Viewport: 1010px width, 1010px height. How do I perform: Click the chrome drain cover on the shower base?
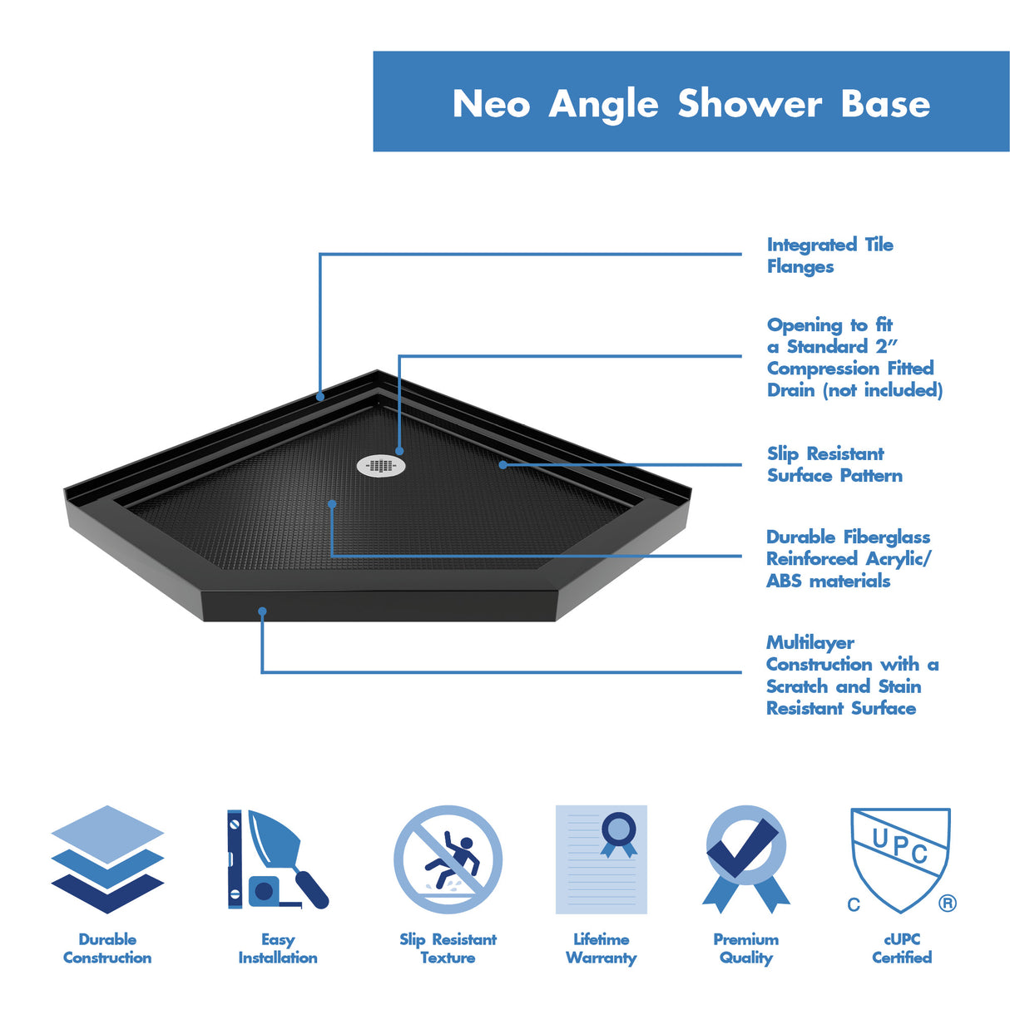coord(381,466)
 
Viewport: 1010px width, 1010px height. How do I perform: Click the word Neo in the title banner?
coord(491,104)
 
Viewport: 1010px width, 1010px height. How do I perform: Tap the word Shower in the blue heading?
coord(750,104)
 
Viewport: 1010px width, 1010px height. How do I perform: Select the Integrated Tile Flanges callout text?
coord(829,255)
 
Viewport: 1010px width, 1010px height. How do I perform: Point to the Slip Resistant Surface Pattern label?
coord(834,464)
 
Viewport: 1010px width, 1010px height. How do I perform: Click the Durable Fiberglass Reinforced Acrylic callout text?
coord(848,558)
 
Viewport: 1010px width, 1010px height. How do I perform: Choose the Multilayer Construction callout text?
coord(851,675)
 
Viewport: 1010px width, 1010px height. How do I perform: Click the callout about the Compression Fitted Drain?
coord(854,357)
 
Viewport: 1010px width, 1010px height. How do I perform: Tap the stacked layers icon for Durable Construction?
coord(107,859)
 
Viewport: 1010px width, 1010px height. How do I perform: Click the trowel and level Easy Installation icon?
coord(277,859)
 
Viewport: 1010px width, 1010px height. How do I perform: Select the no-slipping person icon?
coord(448,859)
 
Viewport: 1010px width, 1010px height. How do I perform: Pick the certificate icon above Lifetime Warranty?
coord(601,859)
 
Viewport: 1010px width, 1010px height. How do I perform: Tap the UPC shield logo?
coord(899,857)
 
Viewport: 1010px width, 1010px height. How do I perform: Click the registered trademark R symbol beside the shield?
coord(947,904)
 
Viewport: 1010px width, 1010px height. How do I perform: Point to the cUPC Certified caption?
coord(902,948)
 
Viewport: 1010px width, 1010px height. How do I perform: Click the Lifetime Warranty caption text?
coord(601,948)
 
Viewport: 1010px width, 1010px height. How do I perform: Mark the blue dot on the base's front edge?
coord(262,611)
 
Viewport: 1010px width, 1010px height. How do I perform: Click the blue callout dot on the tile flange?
coord(320,398)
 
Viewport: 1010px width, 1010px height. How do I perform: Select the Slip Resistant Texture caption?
coord(448,948)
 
